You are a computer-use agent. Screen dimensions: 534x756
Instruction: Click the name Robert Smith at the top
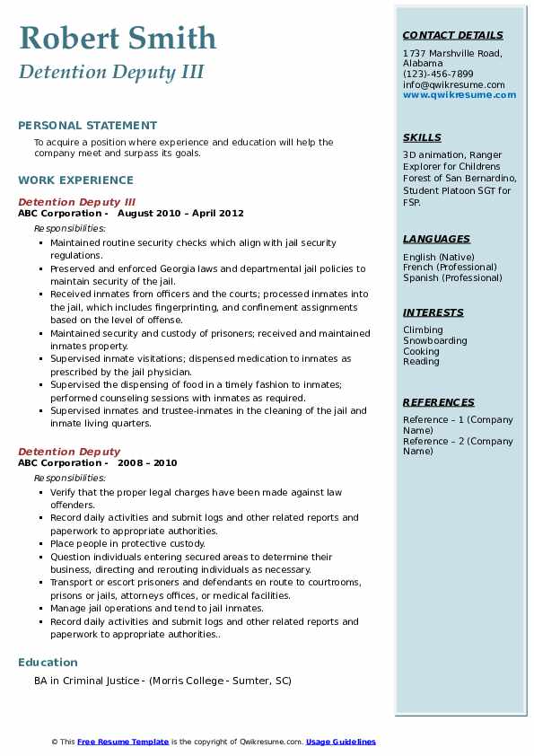(x=117, y=38)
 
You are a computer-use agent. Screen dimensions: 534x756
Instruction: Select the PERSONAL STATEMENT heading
(x=87, y=125)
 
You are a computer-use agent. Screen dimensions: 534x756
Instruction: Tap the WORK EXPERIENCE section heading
(x=75, y=180)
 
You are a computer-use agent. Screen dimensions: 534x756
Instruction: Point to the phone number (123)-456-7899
(x=438, y=75)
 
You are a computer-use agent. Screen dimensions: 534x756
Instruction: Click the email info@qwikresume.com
(x=453, y=84)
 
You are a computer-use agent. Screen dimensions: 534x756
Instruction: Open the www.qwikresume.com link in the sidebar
(x=460, y=94)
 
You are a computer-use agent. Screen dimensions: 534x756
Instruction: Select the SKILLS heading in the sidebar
(x=422, y=137)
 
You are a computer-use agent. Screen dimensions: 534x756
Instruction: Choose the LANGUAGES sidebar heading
(x=436, y=239)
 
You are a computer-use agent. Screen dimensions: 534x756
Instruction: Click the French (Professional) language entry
(x=450, y=267)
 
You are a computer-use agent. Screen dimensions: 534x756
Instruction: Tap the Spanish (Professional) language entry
(x=452, y=277)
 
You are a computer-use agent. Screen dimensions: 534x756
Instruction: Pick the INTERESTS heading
(x=433, y=312)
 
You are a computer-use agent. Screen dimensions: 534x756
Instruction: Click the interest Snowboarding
(x=435, y=341)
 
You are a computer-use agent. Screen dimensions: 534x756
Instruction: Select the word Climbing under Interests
(x=423, y=330)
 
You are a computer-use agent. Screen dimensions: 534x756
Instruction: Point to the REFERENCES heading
(x=438, y=402)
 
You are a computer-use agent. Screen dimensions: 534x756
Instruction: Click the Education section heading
(x=48, y=663)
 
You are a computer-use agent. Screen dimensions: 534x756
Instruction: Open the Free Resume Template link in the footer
(x=123, y=742)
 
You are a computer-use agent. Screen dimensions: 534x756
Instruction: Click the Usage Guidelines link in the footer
(x=340, y=742)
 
